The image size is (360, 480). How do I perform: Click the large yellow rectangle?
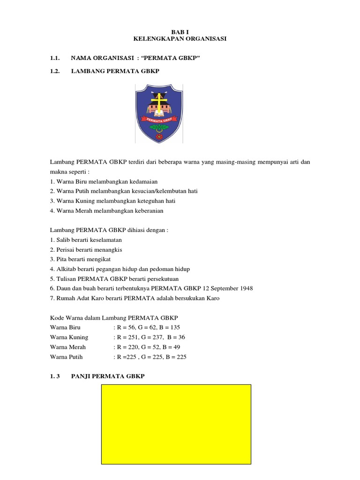(176, 424)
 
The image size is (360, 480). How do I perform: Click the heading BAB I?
(180, 31)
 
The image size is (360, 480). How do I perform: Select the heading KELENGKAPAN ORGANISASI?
(180, 39)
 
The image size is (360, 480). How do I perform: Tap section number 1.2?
(55, 71)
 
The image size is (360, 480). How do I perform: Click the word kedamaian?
(141, 181)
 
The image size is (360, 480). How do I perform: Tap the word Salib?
(63, 240)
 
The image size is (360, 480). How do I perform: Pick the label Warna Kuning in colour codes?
(69, 337)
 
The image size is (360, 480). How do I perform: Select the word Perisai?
(66, 249)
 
